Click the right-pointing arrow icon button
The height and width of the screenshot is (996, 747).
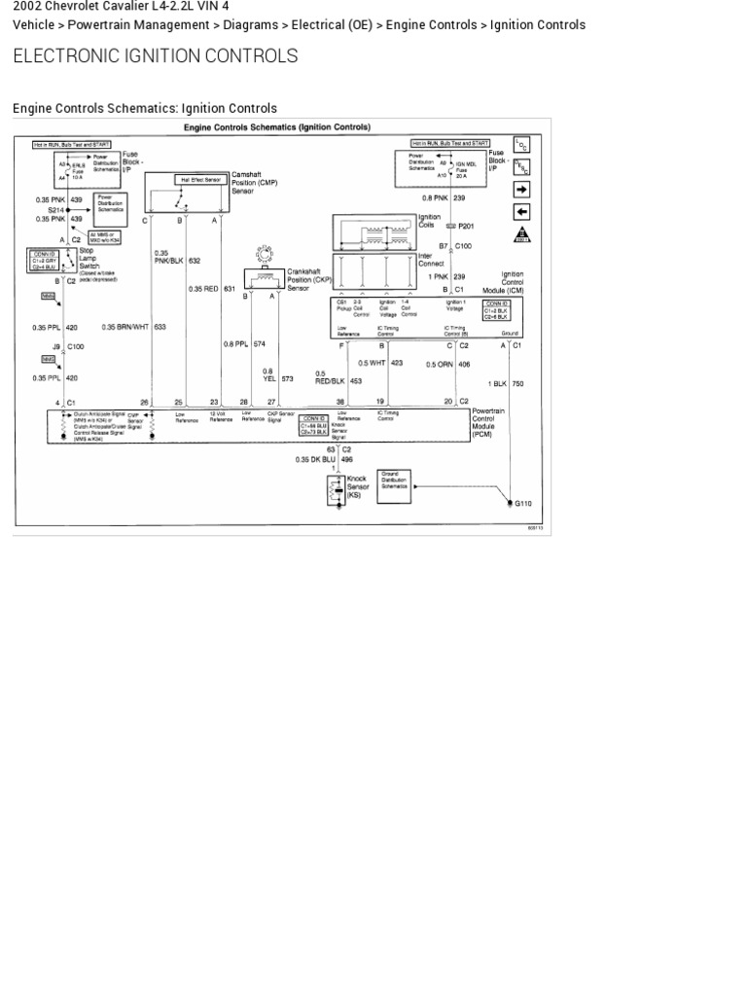[x=521, y=189]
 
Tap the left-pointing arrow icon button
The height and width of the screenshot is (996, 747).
[x=521, y=211]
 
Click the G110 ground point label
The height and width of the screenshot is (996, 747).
[x=523, y=504]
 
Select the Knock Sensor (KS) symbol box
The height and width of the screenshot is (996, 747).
[x=337, y=490]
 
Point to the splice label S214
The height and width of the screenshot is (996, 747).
[x=54, y=209]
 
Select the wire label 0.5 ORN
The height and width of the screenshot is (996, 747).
[x=439, y=365]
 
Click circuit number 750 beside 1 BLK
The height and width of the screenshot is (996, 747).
[x=517, y=384]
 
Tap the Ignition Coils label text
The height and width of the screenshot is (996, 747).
[x=429, y=221]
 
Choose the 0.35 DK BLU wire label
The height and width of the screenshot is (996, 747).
[x=315, y=459]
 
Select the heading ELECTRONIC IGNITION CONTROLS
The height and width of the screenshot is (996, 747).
[x=155, y=56]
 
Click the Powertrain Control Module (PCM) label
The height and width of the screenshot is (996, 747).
[x=486, y=423]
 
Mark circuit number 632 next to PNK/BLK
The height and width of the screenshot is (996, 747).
[x=195, y=261]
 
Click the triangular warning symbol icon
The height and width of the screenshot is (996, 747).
[x=521, y=234]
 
